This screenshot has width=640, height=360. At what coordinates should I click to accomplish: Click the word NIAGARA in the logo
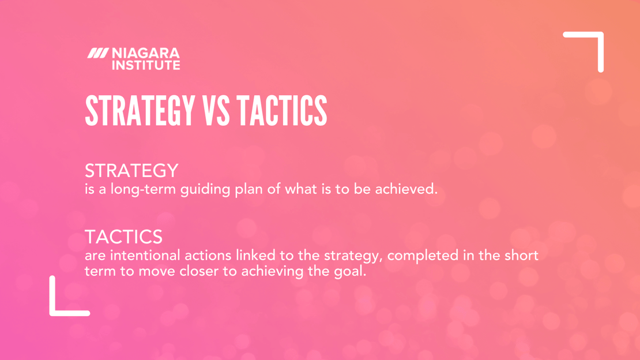[145, 53]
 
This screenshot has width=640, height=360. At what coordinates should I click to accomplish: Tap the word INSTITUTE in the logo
[145, 65]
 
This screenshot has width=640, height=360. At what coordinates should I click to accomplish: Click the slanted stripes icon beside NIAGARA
[97, 53]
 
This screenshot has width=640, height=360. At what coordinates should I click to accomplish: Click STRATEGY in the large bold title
[140, 111]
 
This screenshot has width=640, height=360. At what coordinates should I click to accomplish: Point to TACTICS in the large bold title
[282, 111]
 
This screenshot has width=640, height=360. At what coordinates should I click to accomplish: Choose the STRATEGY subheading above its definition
[131, 171]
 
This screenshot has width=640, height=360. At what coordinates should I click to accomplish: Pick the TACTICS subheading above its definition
[123, 237]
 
